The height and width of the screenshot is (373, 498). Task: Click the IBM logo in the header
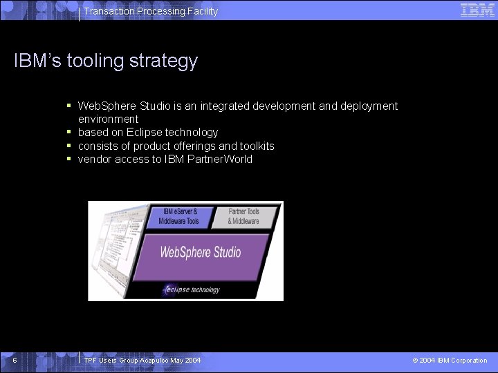tap(477, 10)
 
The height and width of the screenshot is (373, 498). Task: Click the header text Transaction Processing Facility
tap(150, 11)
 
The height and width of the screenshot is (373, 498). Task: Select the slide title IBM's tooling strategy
tap(106, 61)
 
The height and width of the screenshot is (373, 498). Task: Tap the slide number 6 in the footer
tap(15, 360)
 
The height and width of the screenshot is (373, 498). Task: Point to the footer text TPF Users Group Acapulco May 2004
tap(142, 361)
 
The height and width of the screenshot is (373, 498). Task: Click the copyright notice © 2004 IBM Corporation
tap(450, 361)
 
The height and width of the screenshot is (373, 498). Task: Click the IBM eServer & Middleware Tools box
tap(178, 216)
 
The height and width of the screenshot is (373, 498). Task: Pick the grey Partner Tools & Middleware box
tap(243, 216)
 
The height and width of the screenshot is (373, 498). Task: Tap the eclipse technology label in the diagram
tap(192, 289)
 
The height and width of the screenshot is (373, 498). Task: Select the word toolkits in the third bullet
tap(257, 146)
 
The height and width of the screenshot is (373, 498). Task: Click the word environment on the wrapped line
tap(108, 119)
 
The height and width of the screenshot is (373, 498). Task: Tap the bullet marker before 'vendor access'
tap(70, 159)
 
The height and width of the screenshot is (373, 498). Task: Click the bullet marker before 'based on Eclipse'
tap(70, 132)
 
